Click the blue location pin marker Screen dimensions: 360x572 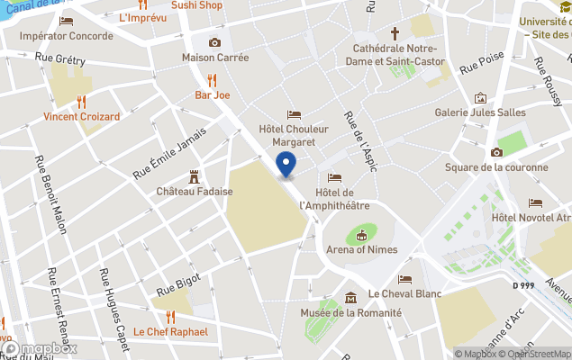coord(286,165)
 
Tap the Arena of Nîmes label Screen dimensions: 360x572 coord(360,250)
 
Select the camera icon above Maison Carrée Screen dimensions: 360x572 coord(214,42)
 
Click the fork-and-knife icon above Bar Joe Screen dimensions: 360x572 coord(213,79)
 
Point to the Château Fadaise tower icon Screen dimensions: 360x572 coord(194,176)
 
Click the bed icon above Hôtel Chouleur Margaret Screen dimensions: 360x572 coord(294,114)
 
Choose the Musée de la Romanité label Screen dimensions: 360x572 coord(350,312)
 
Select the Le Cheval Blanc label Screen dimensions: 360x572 coord(404,294)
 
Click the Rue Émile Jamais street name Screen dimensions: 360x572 coord(169,151)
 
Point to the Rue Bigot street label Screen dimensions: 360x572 coord(177,285)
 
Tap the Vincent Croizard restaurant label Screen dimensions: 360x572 coord(81,117)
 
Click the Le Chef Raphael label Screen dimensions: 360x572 coord(170,331)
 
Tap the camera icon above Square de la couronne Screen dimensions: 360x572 coord(496,152)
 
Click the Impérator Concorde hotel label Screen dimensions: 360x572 coord(67,36)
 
